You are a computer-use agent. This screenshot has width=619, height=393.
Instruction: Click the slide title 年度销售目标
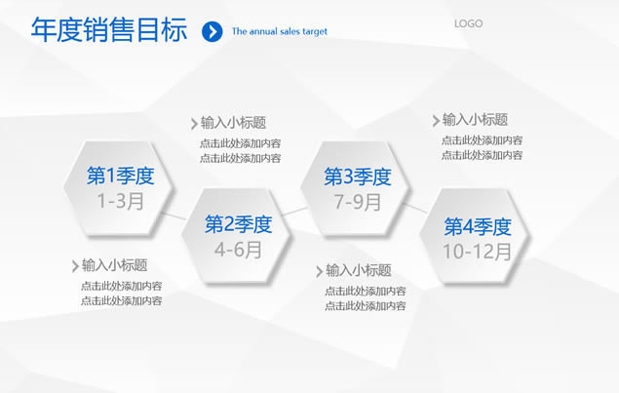click(109, 29)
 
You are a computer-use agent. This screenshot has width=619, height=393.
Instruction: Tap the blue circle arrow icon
click(212, 31)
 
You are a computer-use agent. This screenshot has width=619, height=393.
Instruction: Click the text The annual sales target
click(280, 31)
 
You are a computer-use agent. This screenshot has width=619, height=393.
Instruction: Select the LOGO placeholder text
click(468, 23)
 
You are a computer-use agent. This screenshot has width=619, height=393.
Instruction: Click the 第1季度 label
click(121, 176)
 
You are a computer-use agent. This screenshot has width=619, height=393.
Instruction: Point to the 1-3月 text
click(121, 201)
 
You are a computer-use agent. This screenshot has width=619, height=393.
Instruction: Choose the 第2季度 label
click(239, 224)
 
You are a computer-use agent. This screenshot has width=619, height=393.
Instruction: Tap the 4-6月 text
click(239, 250)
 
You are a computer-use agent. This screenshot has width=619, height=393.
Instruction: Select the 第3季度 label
click(358, 177)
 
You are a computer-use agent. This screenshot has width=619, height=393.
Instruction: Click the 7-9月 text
click(358, 202)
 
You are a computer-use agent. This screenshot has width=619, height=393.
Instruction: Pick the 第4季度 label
click(478, 226)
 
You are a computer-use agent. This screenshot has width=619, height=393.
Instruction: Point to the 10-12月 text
click(478, 252)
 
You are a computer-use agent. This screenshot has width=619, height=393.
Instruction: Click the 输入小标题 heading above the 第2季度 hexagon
click(233, 123)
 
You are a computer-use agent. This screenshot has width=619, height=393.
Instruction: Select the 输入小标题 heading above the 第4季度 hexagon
click(475, 120)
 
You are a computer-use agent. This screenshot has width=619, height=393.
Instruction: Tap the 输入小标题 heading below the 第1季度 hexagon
click(114, 265)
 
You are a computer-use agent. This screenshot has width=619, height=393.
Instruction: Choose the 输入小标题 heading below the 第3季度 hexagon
click(359, 270)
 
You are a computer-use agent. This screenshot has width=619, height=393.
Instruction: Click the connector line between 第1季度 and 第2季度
click(174, 216)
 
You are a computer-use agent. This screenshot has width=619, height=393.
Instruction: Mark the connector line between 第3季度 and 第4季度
click(415, 208)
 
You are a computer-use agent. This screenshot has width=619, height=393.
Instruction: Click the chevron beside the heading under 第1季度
click(75, 266)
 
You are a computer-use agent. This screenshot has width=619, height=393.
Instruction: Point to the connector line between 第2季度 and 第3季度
click(294, 212)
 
